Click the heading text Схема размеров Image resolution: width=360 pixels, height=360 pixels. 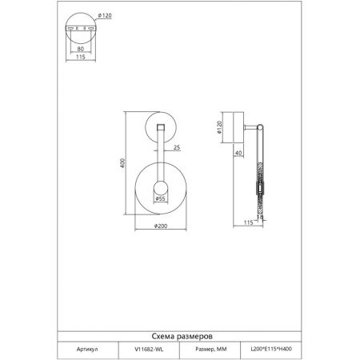click(x=182, y=336)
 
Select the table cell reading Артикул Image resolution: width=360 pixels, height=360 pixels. click(x=87, y=349)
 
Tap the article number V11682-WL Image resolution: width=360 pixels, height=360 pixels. click(x=149, y=349)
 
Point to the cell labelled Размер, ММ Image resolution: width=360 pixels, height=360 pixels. click(x=211, y=349)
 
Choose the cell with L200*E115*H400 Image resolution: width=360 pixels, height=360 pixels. click(x=271, y=349)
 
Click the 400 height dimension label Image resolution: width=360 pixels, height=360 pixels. click(x=122, y=163)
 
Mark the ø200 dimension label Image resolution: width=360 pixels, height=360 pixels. click(x=161, y=226)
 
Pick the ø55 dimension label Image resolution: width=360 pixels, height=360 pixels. click(x=161, y=198)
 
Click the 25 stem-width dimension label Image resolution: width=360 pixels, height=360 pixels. click(x=177, y=147)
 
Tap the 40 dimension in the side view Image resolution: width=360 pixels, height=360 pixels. click(x=238, y=153)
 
